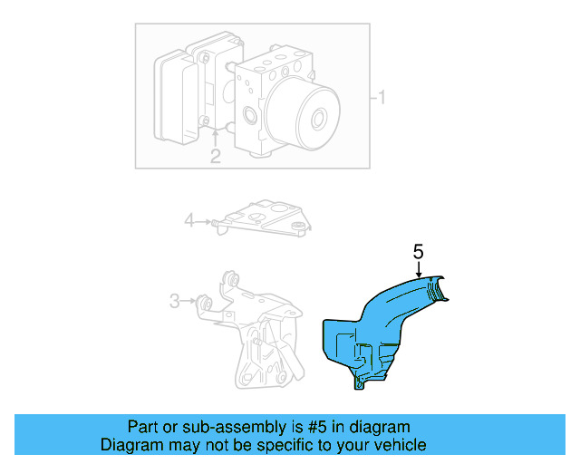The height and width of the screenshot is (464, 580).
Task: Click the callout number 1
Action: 382,97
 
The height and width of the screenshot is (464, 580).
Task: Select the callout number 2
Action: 215,156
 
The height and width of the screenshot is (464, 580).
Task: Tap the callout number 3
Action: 175,300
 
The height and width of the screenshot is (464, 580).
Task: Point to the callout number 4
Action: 189,219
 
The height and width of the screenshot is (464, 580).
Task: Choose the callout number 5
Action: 418,253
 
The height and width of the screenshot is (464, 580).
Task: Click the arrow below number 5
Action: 418,270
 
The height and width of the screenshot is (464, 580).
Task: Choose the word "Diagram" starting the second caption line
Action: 130,445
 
